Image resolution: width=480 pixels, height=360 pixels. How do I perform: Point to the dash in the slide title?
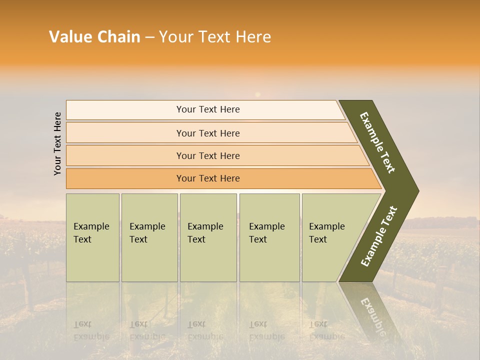pyautogui.click(x=149, y=37)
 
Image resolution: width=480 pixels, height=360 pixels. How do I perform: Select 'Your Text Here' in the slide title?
pyautogui.click(x=215, y=37)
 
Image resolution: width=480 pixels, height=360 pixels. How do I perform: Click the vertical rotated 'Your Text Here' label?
pyautogui.click(x=57, y=143)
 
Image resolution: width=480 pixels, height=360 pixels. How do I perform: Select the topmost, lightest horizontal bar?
pyautogui.click(x=207, y=109)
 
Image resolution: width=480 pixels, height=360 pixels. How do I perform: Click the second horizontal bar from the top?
pyautogui.click(x=207, y=133)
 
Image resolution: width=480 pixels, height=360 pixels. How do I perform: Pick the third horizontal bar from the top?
pyautogui.click(x=207, y=155)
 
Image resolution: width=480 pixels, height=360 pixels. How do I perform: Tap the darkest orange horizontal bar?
pyautogui.click(x=207, y=178)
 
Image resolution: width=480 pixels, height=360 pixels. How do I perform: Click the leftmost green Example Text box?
pyautogui.click(x=92, y=237)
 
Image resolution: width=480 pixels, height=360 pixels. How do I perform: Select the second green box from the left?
pyautogui.click(x=149, y=237)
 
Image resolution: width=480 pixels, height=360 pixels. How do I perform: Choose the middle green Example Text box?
pyautogui.click(x=208, y=237)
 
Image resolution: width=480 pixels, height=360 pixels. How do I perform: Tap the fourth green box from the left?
pyautogui.click(x=269, y=237)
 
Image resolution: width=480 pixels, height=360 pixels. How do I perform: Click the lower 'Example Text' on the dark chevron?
pyautogui.click(x=379, y=236)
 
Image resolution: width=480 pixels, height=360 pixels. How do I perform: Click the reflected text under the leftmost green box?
pyautogui.click(x=91, y=330)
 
